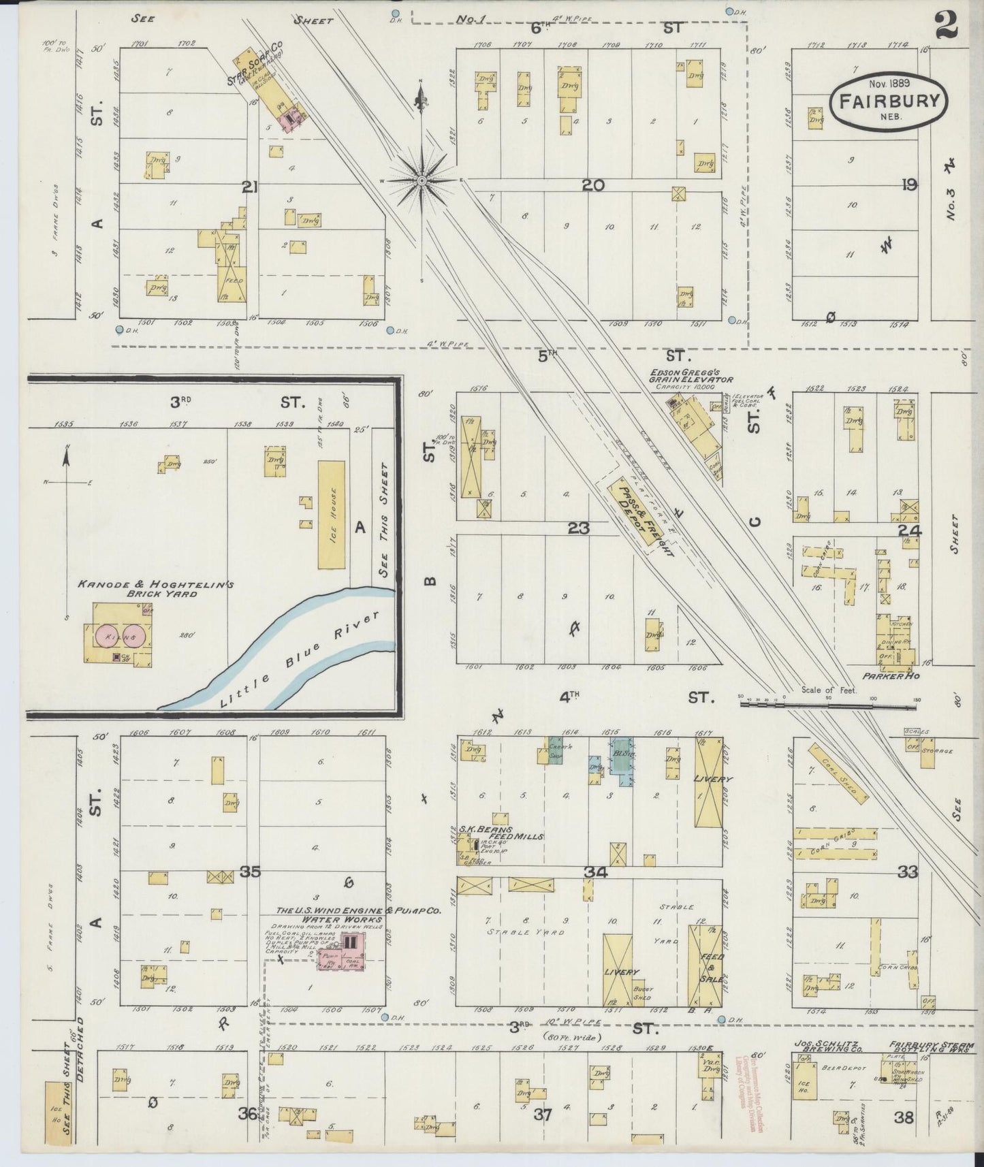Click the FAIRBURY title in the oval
pyautogui.click(x=887, y=101)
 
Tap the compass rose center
pyautogui.click(x=422, y=180)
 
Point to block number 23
pyautogui.click(x=579, y=528)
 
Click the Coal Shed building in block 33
pyautogui.click(x=838, y=772)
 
